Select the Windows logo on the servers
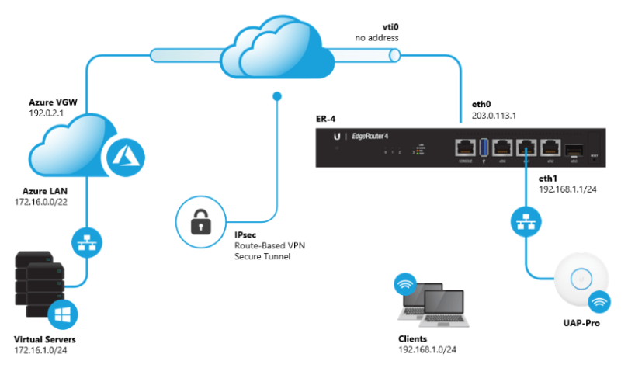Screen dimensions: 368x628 pos(64,317)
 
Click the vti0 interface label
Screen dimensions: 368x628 pos(366,26)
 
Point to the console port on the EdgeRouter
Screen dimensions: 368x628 pos(466,146)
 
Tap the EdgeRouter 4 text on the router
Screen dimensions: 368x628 pos(373,137)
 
